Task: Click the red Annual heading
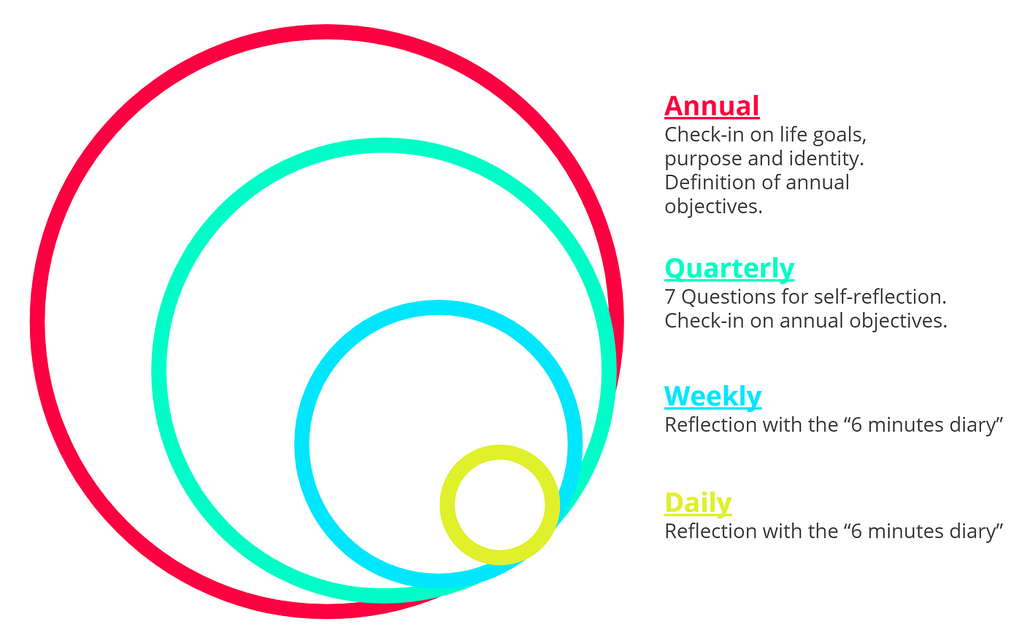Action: (712, 106)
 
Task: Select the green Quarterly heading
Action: (729, 268)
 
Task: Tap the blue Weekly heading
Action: (712, 396)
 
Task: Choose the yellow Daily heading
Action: (698, 503)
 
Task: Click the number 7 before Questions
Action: (669, 297)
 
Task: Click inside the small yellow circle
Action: (500, 504)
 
